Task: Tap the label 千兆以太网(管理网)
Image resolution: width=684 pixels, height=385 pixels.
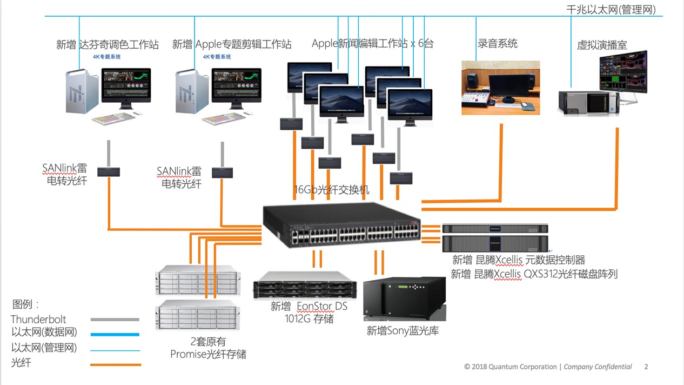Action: (x=611, y=9)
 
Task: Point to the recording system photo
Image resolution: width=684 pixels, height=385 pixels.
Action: (x=500, y=88)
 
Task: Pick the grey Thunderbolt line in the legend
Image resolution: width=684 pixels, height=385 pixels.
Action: (x=115, y=320)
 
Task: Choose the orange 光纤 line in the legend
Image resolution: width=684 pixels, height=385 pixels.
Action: (x=115, y=364)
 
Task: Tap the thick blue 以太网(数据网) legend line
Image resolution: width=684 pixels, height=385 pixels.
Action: (x=115, y=334)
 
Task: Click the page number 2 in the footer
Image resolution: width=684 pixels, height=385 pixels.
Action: (x=646, y=367)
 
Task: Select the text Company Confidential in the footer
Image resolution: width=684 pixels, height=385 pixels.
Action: (x=598, y=367)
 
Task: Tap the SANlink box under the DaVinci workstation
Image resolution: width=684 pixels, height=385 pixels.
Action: (x=109, y=172)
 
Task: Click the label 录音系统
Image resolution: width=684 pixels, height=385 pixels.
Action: (x=498, y=44)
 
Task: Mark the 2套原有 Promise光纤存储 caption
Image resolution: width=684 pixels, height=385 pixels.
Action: (x=208, y=348)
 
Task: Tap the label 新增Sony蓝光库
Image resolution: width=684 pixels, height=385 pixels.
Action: (x=403, y=331)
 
